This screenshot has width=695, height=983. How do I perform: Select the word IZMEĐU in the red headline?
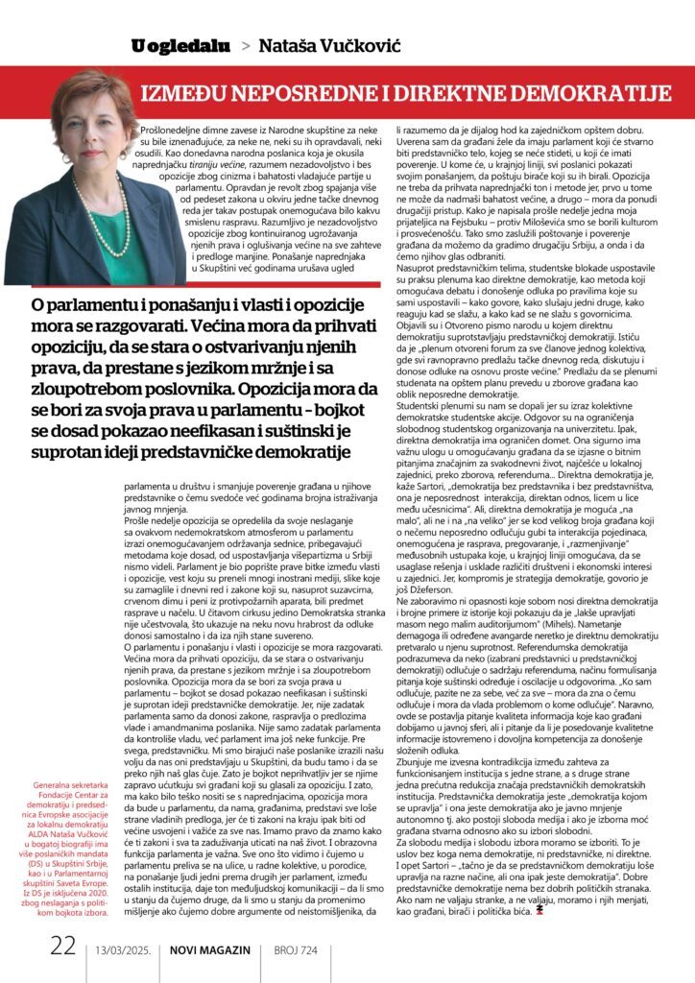pos(189,93)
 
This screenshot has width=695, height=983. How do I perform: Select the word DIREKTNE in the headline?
pos(459,93)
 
